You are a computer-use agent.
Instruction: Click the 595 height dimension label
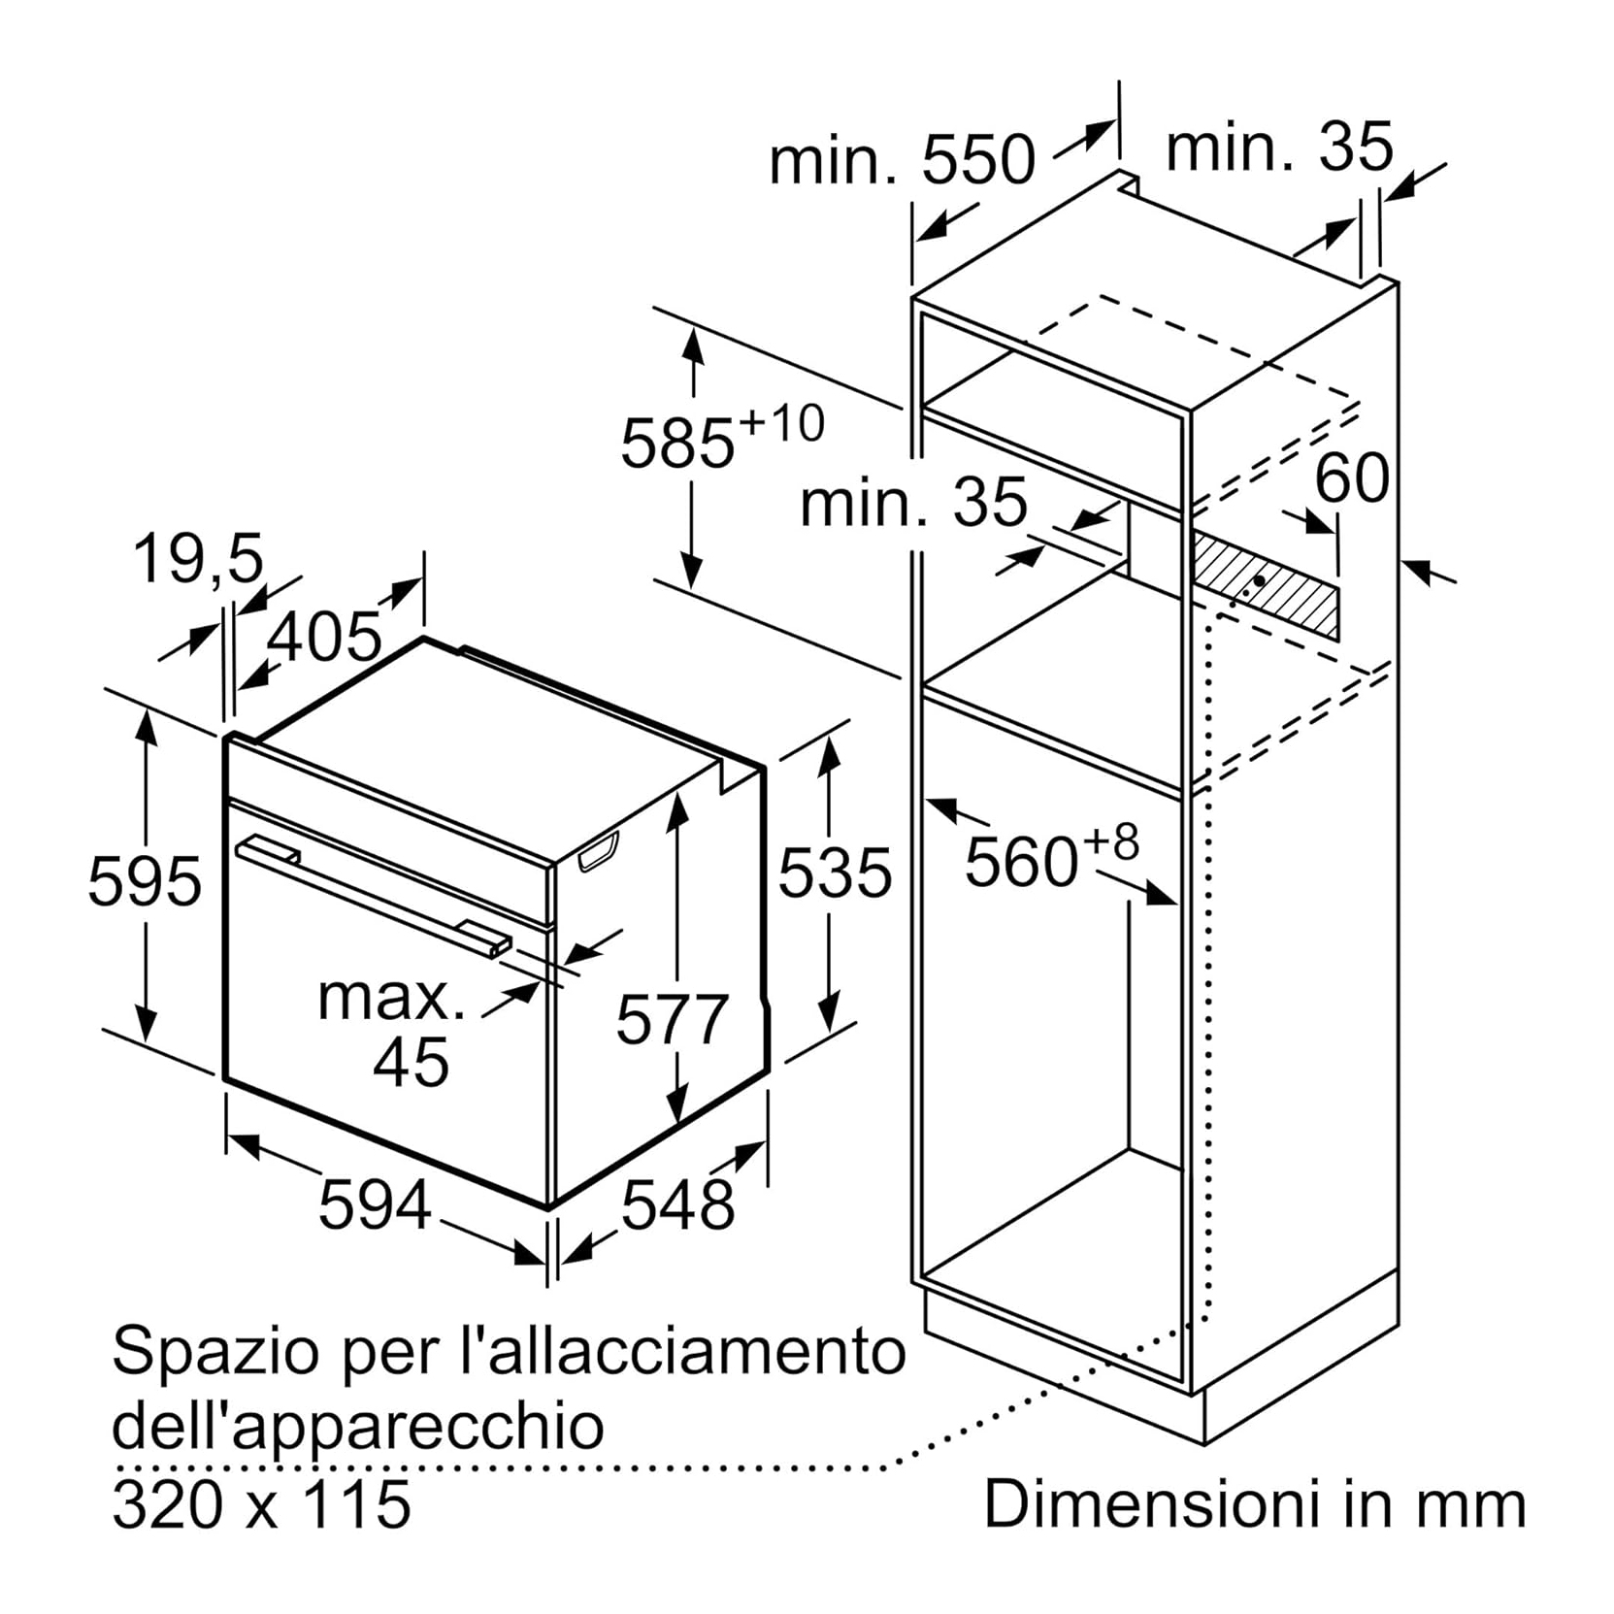[145, 881]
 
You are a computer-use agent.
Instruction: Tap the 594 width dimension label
[376, 1203]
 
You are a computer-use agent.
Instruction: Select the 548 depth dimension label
[678, 1204]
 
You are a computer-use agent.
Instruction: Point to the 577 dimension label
[672, 1019]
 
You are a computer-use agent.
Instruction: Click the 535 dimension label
[835, 872]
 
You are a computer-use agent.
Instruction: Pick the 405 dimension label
[325, 637]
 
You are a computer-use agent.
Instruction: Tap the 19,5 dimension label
[199, 559]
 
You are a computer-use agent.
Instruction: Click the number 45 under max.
[412, 1062]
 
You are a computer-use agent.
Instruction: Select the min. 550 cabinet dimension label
[903, 159]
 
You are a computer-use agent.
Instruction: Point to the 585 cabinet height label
[677, 444]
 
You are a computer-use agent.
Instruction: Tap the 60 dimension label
[1352, 477]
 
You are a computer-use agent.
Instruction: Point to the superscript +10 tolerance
[781, 424]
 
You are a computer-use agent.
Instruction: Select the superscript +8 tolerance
[1110, 843]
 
